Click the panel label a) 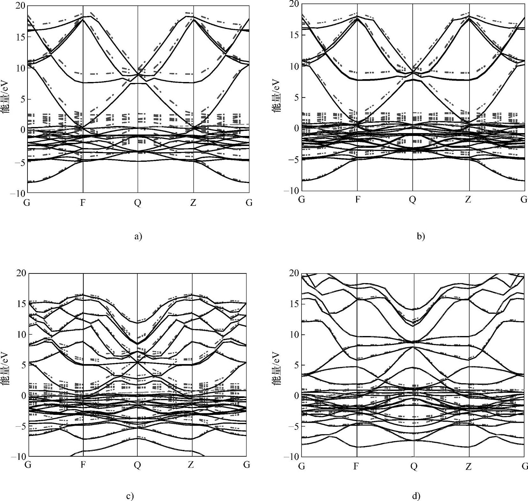(138, 236)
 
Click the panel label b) (421, 236)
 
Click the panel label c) (130, 496)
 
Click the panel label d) (416, 496)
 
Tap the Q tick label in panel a (138, 203)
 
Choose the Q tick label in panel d (414, 467)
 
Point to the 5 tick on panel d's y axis (295, 365)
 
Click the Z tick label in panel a (193, 203)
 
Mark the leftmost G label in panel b (302, 200)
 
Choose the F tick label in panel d (356, 467)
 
